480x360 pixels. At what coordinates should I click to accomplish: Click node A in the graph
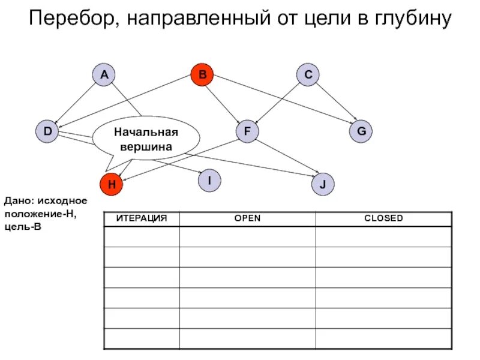pyautogui.click(x=104, y=75)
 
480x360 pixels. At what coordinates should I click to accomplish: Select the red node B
pyautogui.click(x=202, y=75)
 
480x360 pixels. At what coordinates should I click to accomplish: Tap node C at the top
pyautogui.click(x=308, y=75)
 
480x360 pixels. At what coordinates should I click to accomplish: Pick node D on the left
pyautogui.click(x=47, y=131)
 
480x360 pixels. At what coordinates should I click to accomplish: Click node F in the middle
pyautogui.click(x=247, y=131)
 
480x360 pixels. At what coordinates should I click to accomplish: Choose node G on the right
pyautogui.click(x=361, y=131)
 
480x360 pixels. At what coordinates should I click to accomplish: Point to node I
pyautogui.click(x=209, y=180)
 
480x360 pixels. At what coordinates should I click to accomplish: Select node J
pyautogui.click(x=322, y=185)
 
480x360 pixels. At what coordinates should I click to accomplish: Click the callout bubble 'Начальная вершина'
pyautogui.click(x=146, y=139)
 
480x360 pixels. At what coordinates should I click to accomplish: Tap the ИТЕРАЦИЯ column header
pyautogui.click(x=142, y=218)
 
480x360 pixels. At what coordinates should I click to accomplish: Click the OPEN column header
pyautogui.click(x=247, y=218)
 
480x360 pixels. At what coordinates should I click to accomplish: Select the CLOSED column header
pyautogui.click(x=383, y=218)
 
